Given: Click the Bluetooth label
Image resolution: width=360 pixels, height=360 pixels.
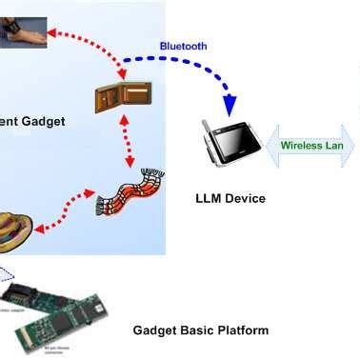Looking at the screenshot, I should tap(183, 46).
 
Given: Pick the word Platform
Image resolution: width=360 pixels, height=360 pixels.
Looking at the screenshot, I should tap(242, 330).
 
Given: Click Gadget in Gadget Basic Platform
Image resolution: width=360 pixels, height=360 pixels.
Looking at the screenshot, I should tap(153, 330).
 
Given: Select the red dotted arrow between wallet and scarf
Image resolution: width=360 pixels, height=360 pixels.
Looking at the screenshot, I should tap(125, 144).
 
